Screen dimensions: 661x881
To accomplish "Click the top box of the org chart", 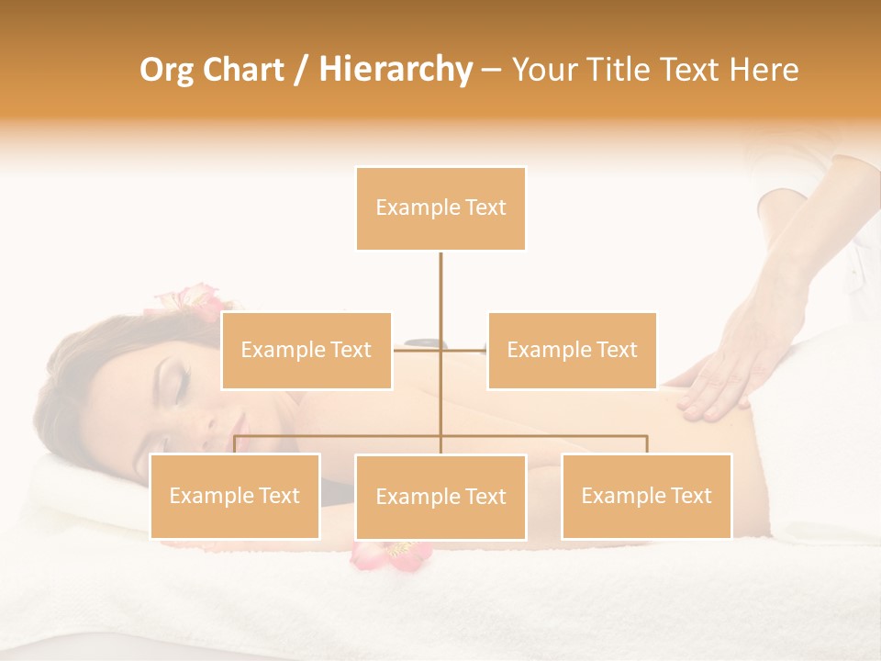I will click(x=440, y=208).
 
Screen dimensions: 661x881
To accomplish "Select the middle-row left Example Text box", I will click(x=307, y=350).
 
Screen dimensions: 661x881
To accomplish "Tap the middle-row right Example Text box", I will click(x=572, y=350).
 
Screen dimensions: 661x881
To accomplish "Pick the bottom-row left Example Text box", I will click(x=235, y=496).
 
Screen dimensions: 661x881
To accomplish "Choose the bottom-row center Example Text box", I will click(x=440, y=497).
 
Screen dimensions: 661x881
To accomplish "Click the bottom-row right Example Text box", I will click(x=646, y=496).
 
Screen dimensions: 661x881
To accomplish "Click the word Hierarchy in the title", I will click(x=395, y=69).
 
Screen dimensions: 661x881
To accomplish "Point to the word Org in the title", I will click(x=166, y=69).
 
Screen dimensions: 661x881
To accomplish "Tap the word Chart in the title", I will click(x=245, y=69).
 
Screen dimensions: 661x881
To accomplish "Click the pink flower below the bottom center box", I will click(x=390, y=553).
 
